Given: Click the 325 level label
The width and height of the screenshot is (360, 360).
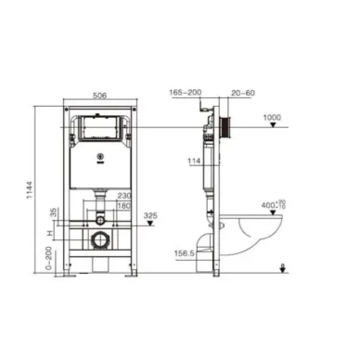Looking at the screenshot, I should pos(149,217).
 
